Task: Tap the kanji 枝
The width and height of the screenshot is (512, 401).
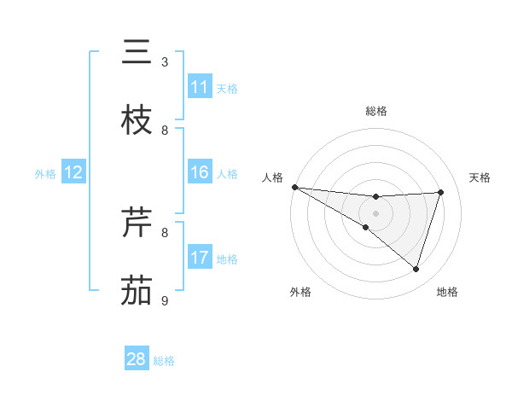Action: (137, 120)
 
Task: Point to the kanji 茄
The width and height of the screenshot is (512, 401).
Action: (137, 291)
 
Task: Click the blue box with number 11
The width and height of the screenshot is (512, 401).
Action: (200, 87)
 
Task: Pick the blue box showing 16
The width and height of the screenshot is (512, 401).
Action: (200, 172)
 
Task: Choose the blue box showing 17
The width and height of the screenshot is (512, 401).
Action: (200, 258)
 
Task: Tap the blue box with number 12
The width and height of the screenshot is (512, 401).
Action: (73, 172)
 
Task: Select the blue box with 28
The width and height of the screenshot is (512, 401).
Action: (137, 359)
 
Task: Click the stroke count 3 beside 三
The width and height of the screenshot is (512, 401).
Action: (165, 62)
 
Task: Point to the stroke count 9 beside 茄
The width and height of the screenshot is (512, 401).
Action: (165, 301)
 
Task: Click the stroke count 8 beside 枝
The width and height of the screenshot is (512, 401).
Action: (165, 131)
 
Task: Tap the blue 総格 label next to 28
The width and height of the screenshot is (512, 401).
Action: (164, 361)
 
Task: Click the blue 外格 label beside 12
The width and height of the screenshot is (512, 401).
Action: (45, 173)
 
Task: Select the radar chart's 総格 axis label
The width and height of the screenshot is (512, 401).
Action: (375, 111)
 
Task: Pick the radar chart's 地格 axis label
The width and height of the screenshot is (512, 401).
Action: (447, 292)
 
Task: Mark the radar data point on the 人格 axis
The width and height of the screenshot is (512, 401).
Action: (294, 187)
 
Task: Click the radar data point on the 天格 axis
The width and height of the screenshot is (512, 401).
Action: (440, 192)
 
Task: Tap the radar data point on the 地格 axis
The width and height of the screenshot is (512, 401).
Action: (416, 269)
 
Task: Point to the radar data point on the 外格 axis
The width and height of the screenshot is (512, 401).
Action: (365, 227)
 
